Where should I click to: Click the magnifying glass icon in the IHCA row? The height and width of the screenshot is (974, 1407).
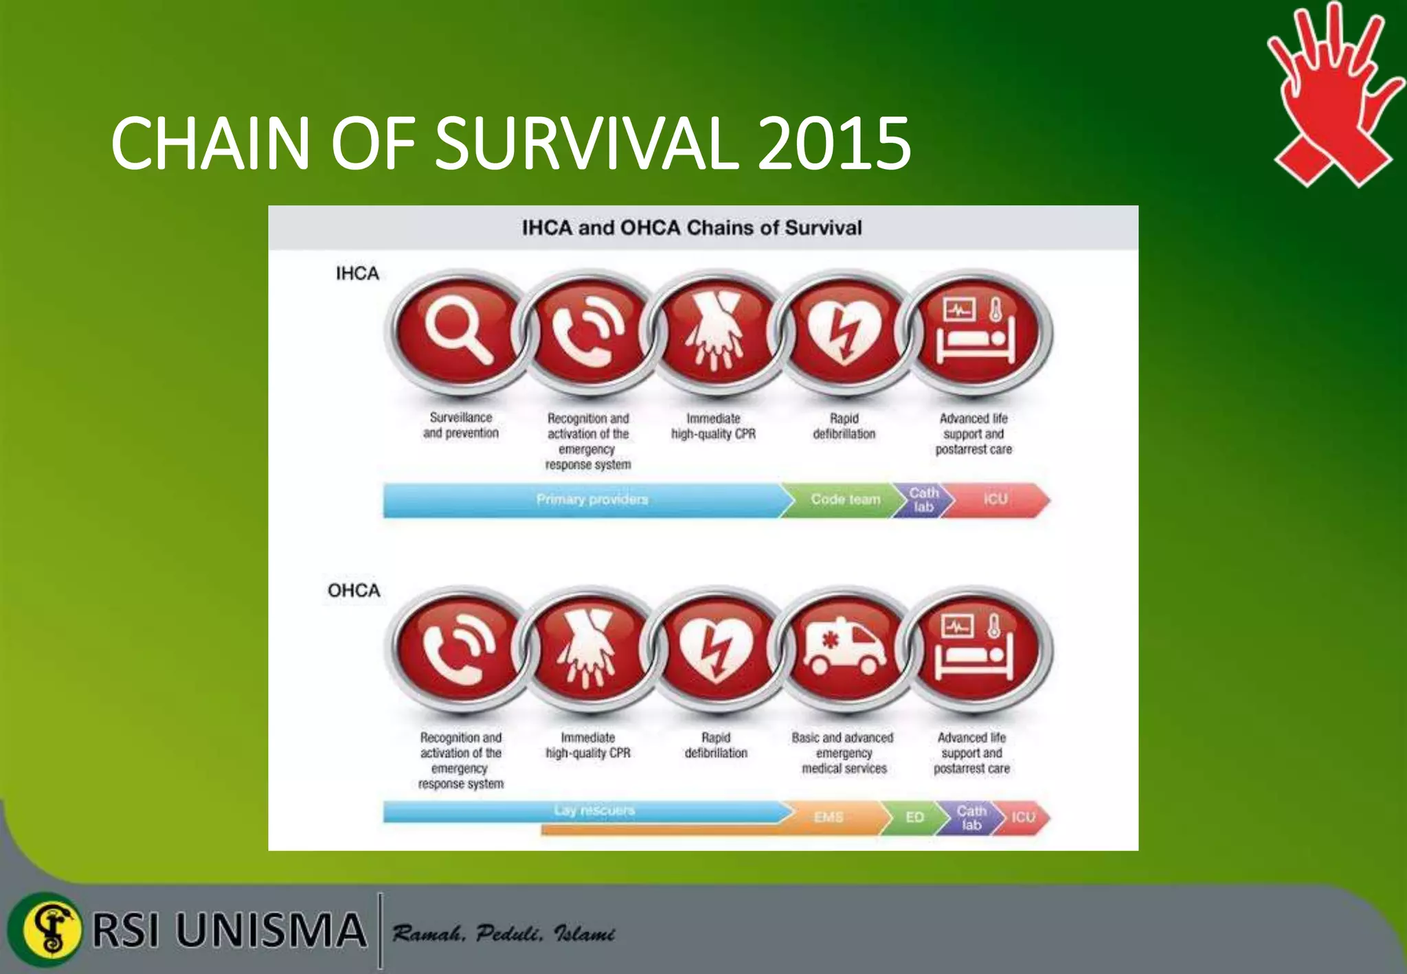pyautogui.click(x=457, y=332)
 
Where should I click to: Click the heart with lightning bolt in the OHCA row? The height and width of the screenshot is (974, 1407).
pyautogui.click(x=716, y=648)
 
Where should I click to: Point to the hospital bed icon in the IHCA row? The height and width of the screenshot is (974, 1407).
pyautogui.click(x=976, y=332)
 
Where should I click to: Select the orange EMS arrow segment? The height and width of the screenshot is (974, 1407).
pyautogui.click(x=828, y=817)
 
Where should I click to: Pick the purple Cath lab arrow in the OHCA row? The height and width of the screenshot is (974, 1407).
pyautogui.click(x=970, y=817)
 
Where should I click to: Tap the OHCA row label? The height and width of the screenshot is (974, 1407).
pyautogui.click(x=354, y=591)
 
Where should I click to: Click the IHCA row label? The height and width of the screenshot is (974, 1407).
pyautogui.click(x=357, y=273)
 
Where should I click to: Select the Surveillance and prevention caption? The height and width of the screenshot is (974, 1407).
pyautogui.click(x=461, y=425)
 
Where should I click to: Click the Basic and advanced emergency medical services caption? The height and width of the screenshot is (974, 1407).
pyautogui.click(x=843, y=753)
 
